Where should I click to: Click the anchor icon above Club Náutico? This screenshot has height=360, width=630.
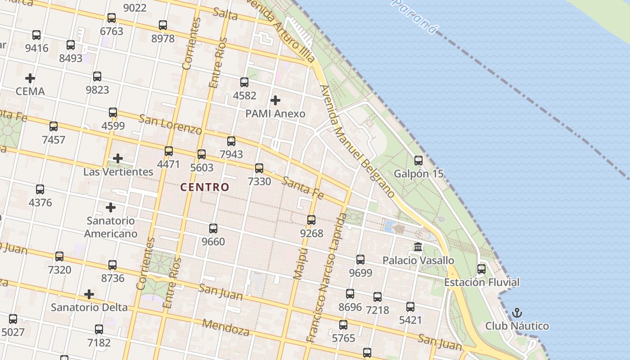pos(517,312)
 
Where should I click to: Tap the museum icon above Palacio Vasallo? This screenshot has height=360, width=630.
pos(418,247)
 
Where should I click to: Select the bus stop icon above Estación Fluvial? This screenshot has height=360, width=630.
pos(481,269)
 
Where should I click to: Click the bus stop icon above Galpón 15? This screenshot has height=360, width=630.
pos(418,160)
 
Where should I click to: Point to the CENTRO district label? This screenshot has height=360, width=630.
pos(205,187)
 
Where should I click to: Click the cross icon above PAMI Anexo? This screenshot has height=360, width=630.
pos(275,100)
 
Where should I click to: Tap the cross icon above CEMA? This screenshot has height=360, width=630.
pos(30,78)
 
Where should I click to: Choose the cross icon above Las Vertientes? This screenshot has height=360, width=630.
pos(118,158)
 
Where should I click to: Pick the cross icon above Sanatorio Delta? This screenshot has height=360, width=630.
pos(89,294)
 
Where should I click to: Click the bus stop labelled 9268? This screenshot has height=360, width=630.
pos(311,220)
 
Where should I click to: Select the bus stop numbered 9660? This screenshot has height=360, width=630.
pos(213,229)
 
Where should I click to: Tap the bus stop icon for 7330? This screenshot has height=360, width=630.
pos(259,168)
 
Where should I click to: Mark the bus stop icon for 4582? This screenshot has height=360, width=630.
pos(244,82)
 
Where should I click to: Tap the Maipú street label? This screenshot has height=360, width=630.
pos(300,263)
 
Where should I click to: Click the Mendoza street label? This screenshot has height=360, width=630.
pos(226,328)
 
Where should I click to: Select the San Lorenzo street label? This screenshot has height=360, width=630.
pos(170,124)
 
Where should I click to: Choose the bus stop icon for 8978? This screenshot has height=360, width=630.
pos(163,25)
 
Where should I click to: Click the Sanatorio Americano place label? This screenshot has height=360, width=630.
pos(111,227)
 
